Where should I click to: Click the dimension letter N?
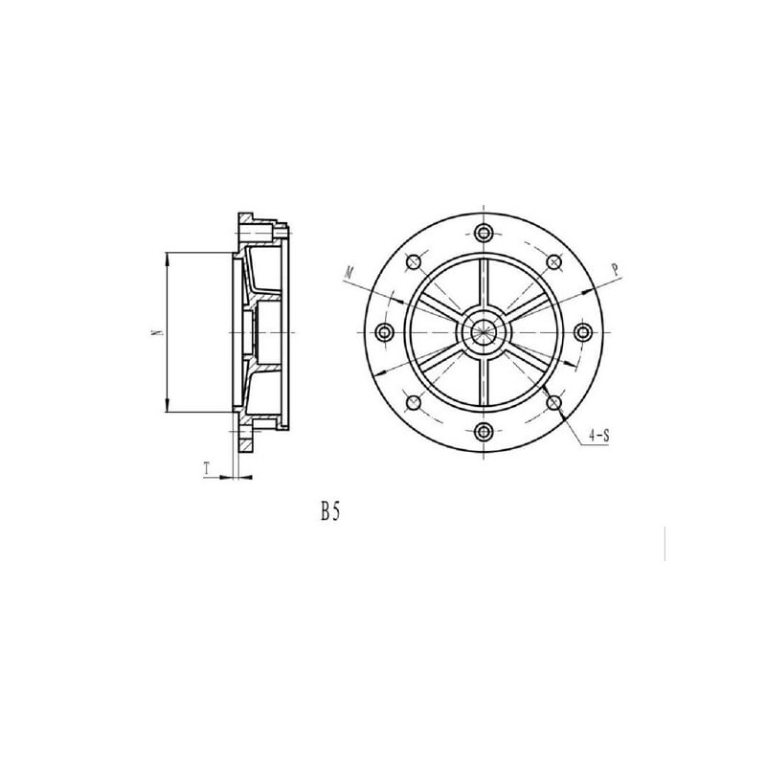pos(152,332)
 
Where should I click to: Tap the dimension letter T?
pos(207,469)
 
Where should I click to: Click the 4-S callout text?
pos(599,437)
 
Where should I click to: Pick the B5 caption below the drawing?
pos(331,512)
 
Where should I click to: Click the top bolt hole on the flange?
pos(484,233)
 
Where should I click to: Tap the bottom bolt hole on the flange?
pos(484,431)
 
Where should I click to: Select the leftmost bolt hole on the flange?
pos(386,332)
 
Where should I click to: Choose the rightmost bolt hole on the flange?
pos(584,332)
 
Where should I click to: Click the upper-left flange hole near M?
pos(415,262)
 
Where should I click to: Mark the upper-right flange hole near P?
pos(554,262)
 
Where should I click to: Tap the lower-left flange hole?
pos(415,402)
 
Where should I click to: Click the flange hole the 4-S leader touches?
pos(554,402)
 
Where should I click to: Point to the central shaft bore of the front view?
pos(484,332)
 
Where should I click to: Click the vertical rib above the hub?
pos(484,282)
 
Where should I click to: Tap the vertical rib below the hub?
pos(484,383)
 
